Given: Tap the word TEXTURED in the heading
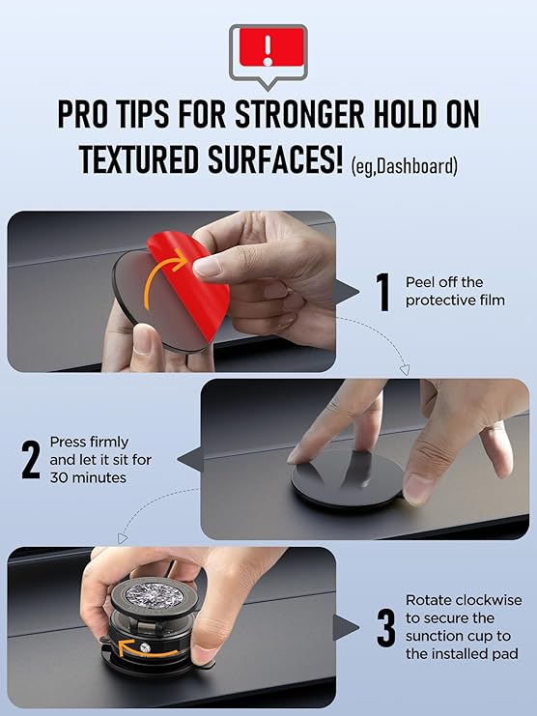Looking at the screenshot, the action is click(140, 158).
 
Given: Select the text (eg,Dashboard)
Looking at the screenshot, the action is click(405, 166).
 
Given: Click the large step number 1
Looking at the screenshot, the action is click(383, 292).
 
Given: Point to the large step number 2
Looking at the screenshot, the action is click(31, 460).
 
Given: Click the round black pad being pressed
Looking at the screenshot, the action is click(348, 481).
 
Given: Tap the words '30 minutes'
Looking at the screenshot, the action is click(88, 477).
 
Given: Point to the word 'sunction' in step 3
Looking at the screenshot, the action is click(435, 636).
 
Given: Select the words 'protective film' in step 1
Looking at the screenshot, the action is click(455, 301).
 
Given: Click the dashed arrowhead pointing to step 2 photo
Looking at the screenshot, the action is click(405, 369).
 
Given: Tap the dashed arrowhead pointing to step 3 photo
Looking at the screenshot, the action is click(122, 538).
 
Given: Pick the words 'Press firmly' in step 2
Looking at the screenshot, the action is click(89, 442).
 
